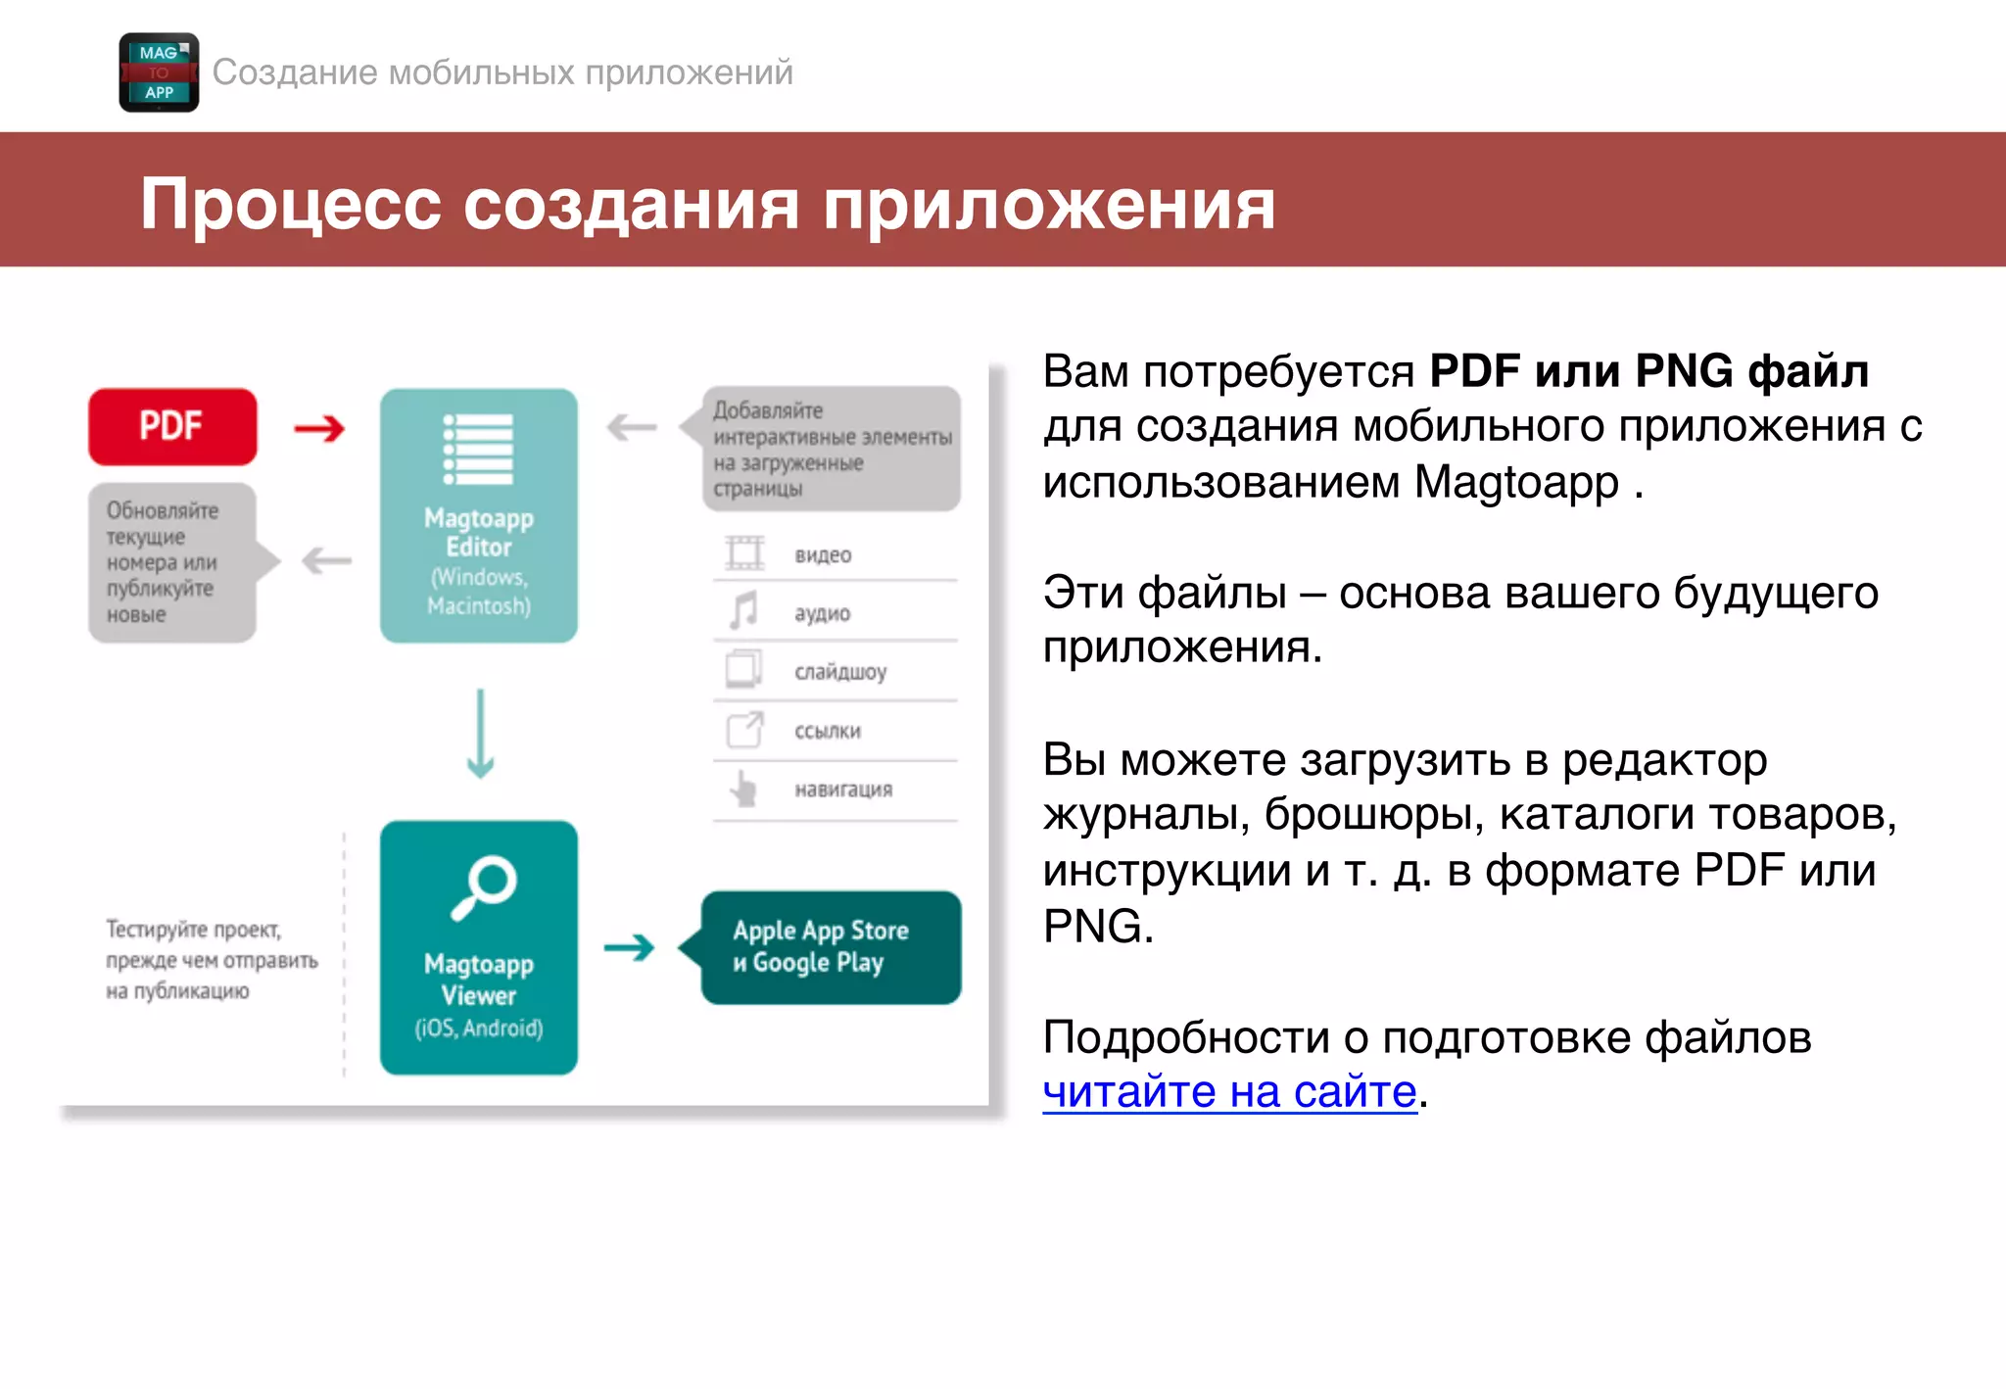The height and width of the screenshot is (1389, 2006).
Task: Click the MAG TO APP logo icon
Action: point(159,72)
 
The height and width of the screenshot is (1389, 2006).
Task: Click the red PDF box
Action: point(172,426)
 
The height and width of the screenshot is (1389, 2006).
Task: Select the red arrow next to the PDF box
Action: point(319,428)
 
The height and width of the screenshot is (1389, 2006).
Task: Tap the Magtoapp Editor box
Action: point(478,516)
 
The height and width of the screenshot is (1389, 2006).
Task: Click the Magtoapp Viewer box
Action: point(478,947)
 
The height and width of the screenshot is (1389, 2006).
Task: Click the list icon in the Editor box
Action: point(478,450)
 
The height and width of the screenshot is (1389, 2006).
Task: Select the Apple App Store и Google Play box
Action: point(831,947)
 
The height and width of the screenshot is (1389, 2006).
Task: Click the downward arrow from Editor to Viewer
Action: point(480,734)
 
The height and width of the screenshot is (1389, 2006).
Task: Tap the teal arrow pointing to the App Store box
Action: point(629,947)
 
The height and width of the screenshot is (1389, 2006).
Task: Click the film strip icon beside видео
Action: point(744,553)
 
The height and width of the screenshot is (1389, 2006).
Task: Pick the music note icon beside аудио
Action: point(744,611)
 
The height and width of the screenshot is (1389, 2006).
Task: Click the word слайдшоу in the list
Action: point(840,672)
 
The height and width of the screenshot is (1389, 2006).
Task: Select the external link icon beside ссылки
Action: point(744,730)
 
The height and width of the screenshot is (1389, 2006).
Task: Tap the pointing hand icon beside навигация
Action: point(744,789)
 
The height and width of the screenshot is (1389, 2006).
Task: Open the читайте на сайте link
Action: point(1229,1091)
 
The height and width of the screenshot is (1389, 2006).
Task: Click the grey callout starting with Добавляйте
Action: point(832,449)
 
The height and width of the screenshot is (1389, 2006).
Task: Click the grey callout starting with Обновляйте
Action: point(172,562)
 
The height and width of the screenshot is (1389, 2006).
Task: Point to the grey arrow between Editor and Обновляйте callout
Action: point(326,561)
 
